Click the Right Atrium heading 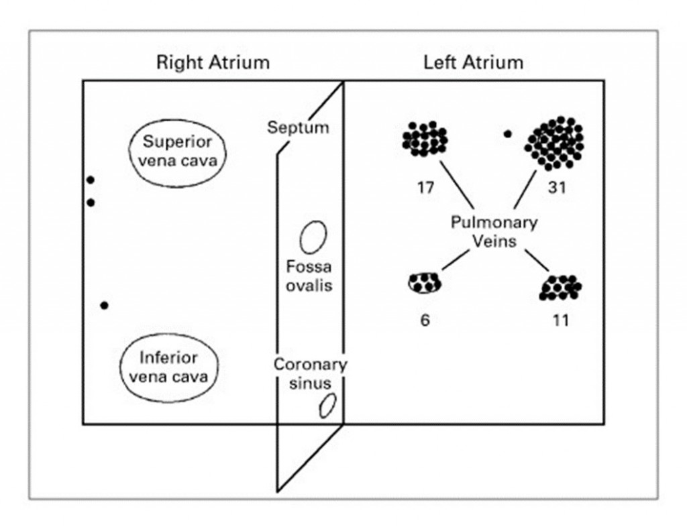(213, 63)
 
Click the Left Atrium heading (473, 63)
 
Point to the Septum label (298, 127)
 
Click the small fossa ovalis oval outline (313, 237)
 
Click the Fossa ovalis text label (309, 276)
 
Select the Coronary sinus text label (310, 374)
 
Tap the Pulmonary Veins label (493, 231)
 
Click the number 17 (425, 188)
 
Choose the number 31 (556, 188)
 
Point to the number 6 (425, 320)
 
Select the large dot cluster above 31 (555, 142)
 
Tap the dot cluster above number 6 (425, 283)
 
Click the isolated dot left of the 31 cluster (508, 134)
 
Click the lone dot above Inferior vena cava (104, 306)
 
